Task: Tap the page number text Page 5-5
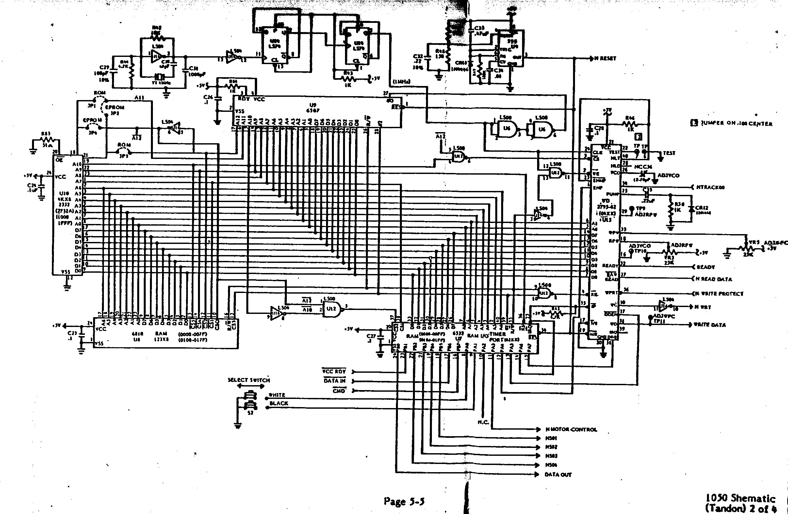(404, 501)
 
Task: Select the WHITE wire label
(277, 395)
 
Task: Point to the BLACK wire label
(279, 403)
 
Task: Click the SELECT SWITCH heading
(249, 380)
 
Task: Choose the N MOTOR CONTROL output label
(571, 430)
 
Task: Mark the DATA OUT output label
(558, 474)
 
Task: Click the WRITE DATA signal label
(710, 325)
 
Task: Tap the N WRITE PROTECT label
(721, 294)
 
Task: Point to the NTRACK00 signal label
(711, 187)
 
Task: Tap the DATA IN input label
(335, 381)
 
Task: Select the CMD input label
(339, 391)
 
